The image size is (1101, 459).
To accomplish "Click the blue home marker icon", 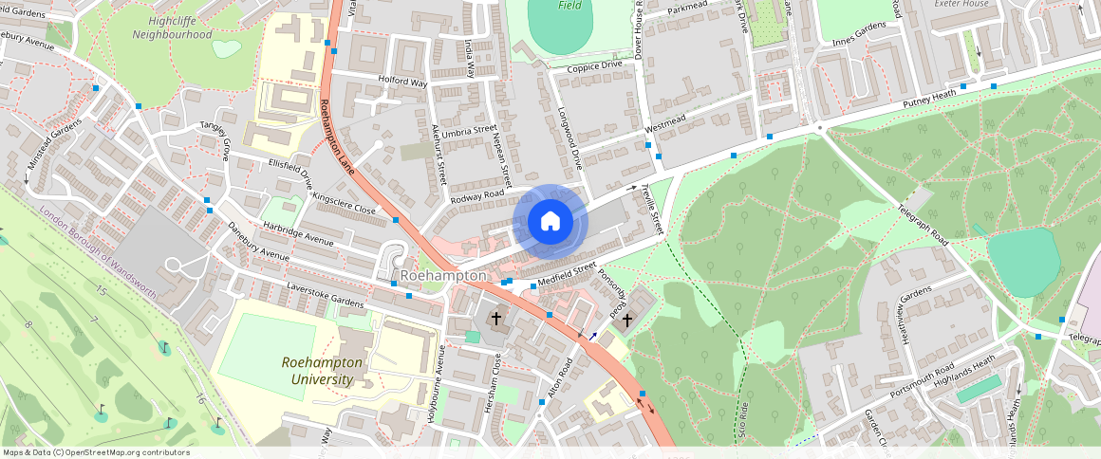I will (x=550, y=222).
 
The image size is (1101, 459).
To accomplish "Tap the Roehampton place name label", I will (x=443, y=276).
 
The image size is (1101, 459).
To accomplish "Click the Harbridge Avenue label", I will (x=300, y=237).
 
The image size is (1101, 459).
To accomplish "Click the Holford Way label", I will (x=402, y=83).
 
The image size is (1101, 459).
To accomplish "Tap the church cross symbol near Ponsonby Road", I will (x=626, y=321).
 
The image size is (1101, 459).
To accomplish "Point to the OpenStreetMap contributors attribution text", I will (x=96, y=452).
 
